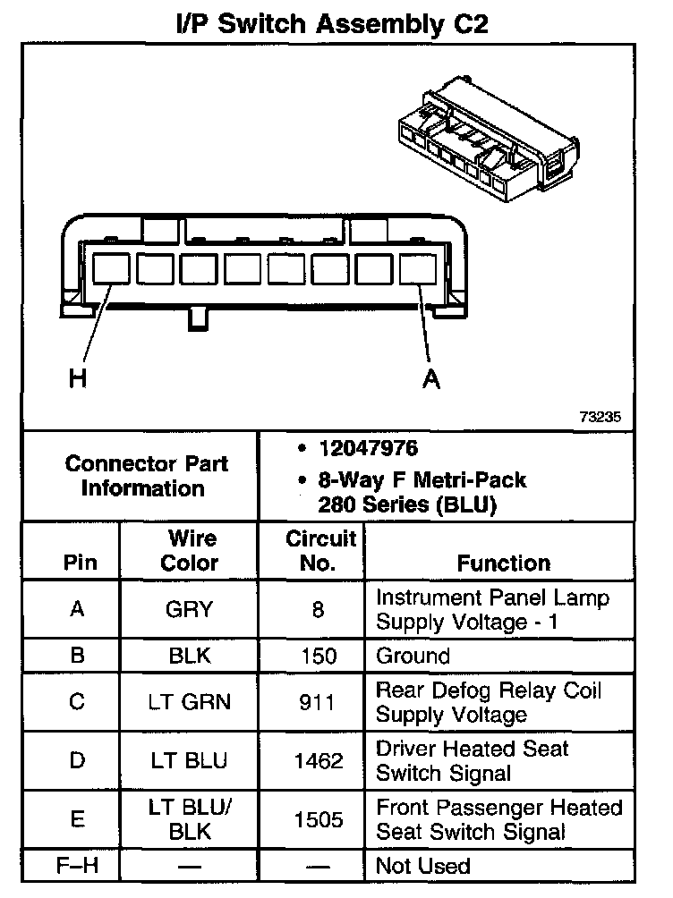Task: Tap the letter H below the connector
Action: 79,379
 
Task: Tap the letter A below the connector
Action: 431,379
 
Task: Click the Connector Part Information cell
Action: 146,476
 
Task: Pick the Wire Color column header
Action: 190,551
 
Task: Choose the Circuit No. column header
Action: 320,551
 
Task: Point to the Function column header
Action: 503,563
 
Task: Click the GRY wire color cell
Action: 190,609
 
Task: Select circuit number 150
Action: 319,656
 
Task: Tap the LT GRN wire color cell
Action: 190,702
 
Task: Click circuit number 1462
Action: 319,761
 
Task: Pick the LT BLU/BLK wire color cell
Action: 190,819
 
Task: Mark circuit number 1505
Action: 319,819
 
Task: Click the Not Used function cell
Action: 422,866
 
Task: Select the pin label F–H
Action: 77,866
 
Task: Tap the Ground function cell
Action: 413,656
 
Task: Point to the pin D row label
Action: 77,761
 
